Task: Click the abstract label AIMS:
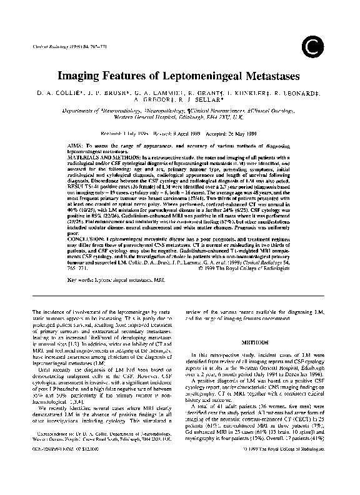coord(75,145)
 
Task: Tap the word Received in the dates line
coord(112,133)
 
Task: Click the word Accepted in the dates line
coord(219,133)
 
